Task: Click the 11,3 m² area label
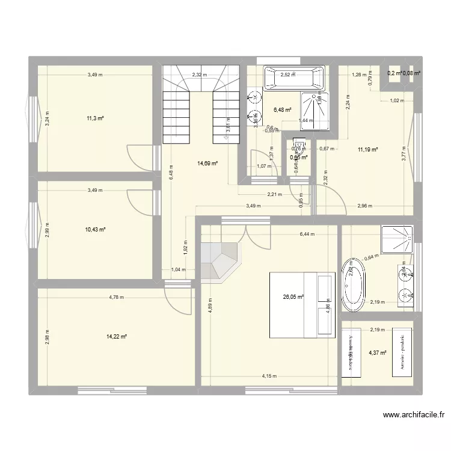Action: click(95, 118)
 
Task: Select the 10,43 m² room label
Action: click(95, 230)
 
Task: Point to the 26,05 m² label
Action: click(293, 296)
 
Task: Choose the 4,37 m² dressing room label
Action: click(378, 353)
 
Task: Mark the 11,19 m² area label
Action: click(367, 150)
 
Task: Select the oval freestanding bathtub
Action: click(353, 285)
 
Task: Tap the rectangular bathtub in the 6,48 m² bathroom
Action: click(295, 78)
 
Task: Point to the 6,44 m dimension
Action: click(308, 235)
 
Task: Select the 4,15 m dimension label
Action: click(270, 376)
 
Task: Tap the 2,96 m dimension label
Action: click(364, 206)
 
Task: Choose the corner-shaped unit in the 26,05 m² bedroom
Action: click(221, 260)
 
